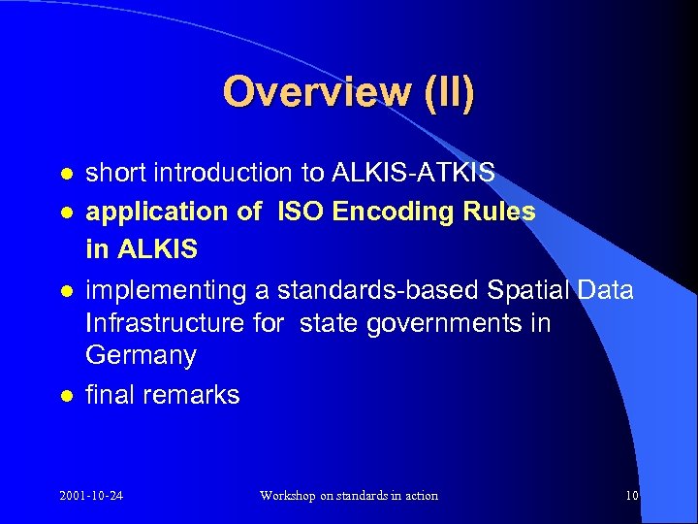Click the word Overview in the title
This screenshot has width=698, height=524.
(x=301, y=92)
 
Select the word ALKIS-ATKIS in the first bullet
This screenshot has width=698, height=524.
(x=414, y=173)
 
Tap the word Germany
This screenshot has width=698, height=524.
(x=141, y=356)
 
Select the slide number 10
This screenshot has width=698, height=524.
(x=632, y=496)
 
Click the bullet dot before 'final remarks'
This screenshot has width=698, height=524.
(x=65, y=396)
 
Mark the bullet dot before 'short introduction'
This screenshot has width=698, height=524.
(x=65, y=174)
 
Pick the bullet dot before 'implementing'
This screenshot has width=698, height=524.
(x=65, y=290)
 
